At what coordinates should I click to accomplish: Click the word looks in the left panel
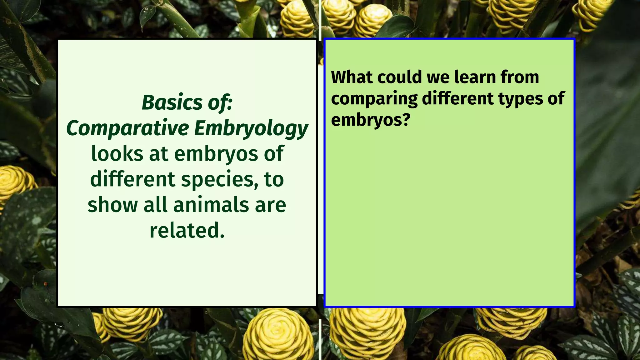[117, 154]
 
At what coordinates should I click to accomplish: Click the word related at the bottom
[187, 231]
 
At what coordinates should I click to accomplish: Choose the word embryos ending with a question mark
[370, 120]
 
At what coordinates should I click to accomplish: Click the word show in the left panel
[112, 205]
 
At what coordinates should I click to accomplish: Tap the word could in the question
[400, 77]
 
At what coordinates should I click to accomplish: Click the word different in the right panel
[457, 99]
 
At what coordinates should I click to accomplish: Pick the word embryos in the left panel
[216, 154]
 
